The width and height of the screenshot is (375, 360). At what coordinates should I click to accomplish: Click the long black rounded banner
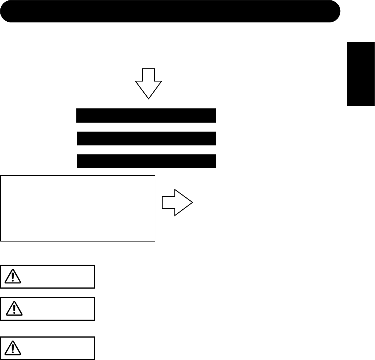[x=170, y=12]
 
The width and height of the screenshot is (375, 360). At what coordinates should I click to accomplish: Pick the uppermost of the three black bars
[x=146, y=116]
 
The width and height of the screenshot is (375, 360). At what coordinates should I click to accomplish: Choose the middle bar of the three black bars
[x=146, y=138]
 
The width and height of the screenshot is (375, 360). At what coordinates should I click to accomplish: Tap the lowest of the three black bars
[x=146, y=161]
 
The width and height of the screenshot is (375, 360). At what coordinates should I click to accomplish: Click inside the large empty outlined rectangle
[x=78, y=208]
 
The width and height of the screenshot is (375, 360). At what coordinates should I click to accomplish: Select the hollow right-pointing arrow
[x=177, y=202]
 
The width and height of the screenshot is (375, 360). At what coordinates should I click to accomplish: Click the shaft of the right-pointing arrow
[x=168, y=202]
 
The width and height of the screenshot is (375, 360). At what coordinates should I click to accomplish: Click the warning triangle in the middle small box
[x=14, y=308]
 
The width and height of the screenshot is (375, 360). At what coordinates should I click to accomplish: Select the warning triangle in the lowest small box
[x=14, y=348]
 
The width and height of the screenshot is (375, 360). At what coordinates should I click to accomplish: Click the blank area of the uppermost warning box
[x=56, y=277]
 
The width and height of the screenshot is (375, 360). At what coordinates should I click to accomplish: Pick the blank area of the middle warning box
[x=56, y=309]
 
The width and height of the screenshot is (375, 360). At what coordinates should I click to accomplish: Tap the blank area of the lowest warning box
[x=56, y=348]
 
